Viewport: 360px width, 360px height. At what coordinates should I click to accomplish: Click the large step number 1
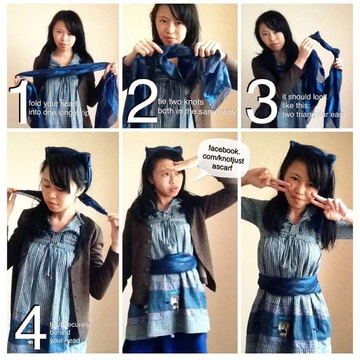20,101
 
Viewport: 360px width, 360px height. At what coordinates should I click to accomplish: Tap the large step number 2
142,100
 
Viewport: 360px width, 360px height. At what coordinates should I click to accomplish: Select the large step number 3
261,100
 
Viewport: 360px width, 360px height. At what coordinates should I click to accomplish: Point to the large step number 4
30,326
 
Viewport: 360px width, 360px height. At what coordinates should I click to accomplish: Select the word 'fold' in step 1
35,103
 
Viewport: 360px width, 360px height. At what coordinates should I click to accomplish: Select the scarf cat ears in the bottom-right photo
312,151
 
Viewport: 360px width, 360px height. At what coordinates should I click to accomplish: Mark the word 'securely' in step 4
76,324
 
